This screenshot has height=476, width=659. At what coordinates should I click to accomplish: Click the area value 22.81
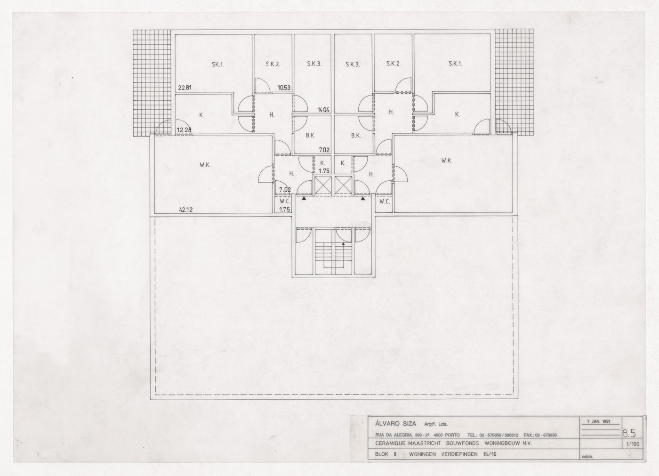pyautogui.click(x=185, y=87)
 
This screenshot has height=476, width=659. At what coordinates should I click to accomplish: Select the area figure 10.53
pyautogui.click(x=284, y=87)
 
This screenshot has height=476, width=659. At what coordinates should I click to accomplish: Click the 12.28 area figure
pyautogui.click(x=184, y=130)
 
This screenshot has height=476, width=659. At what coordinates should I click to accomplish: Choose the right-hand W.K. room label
pyautogui.click(x=447, y=161)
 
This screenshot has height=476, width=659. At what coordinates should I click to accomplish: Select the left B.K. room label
pyautogui.click(x=310, y=136)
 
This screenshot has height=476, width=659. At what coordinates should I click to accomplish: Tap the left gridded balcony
pyautogui.click(x=151, y=82)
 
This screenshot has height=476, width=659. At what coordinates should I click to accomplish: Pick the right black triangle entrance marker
pyautogui.click(x=363, y=199)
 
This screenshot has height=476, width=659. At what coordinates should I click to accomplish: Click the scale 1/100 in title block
pyautogui.click(x=632, y=444)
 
